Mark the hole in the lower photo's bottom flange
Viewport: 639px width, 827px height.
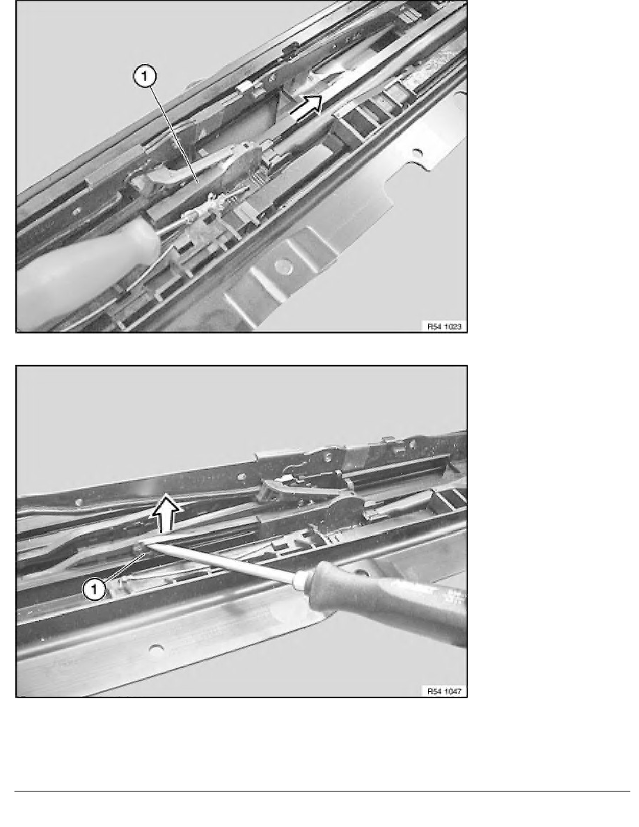157,650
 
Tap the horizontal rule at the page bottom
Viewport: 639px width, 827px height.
319,791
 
